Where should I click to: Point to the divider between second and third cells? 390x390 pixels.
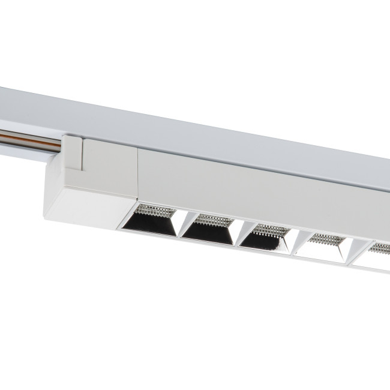click(236, 236)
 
